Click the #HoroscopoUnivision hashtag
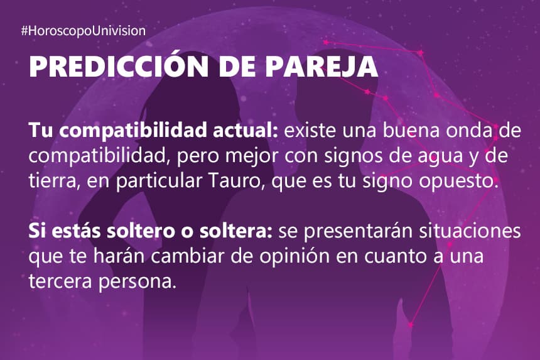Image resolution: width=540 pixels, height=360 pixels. click(84, 31)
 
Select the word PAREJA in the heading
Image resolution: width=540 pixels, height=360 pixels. click(321, 66)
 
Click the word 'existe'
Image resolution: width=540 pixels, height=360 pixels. click(310, 131)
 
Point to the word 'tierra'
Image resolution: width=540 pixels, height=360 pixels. click(51, 181)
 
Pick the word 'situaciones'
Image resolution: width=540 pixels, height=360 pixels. click(470, 231)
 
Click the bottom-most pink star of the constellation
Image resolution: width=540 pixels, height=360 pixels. click(411, 325)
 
